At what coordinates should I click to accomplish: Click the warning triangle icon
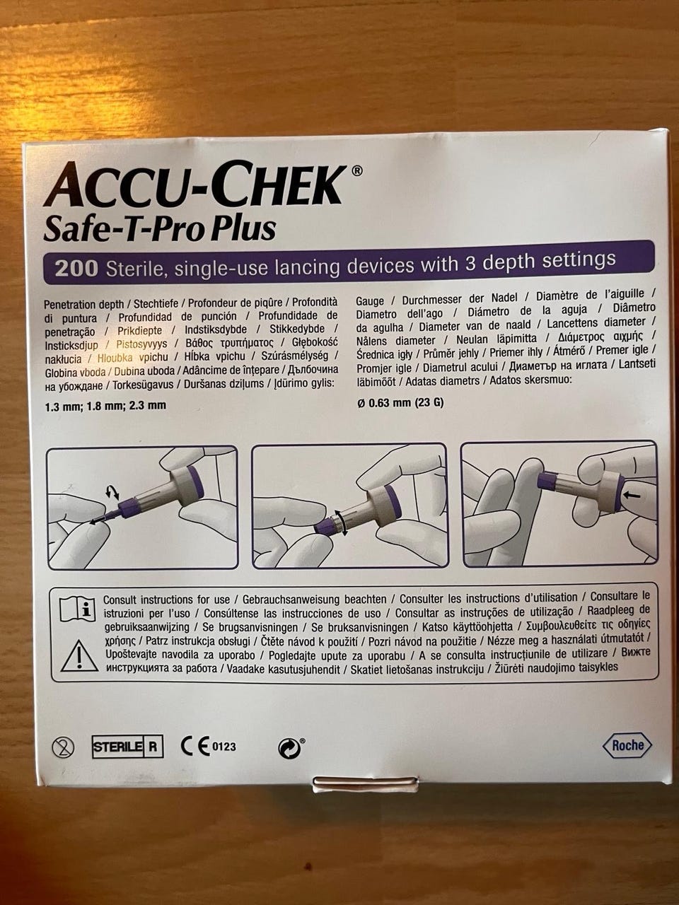point(79,656)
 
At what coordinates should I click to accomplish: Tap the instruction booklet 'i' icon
point(78,608)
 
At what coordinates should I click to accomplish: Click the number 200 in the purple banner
point(76,269)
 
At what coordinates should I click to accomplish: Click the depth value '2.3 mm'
point(148,406)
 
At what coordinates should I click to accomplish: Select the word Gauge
point(371,301)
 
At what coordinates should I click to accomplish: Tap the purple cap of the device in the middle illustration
point(325,527)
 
